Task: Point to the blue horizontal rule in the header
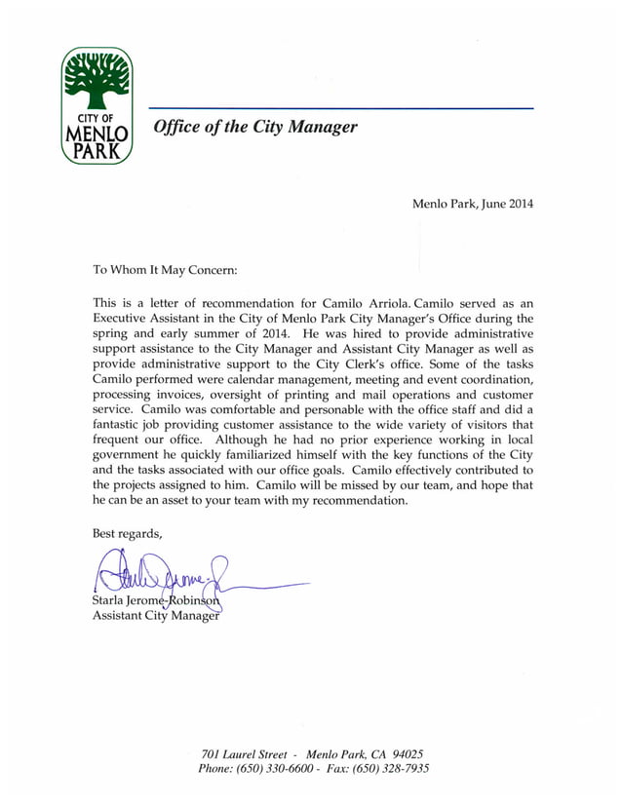click(x=340, y=108)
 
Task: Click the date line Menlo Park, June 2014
click(x=473, y=204)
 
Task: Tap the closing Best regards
click(x=127, y=533)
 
